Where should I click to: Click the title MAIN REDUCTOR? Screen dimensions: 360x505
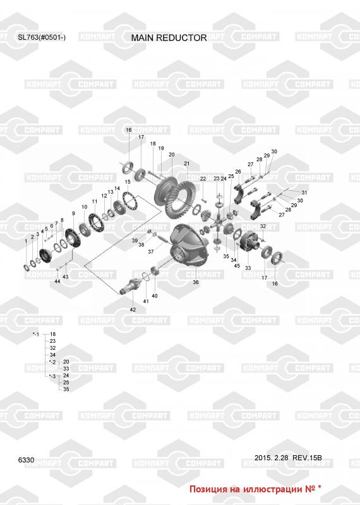[169, 38]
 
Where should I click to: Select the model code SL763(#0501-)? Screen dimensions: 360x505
[42, 37]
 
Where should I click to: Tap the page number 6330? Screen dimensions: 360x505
[26, 460]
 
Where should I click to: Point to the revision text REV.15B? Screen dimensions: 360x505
[307, 458]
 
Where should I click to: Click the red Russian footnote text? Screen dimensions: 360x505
[255, 489]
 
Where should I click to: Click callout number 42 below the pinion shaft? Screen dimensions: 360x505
[133, 309]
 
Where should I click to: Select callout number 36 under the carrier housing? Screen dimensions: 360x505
[196, 282]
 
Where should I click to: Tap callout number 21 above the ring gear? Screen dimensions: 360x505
[187, 163]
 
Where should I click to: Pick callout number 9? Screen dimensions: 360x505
[73, 213]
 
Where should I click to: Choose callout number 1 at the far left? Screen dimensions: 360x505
[26, 241]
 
